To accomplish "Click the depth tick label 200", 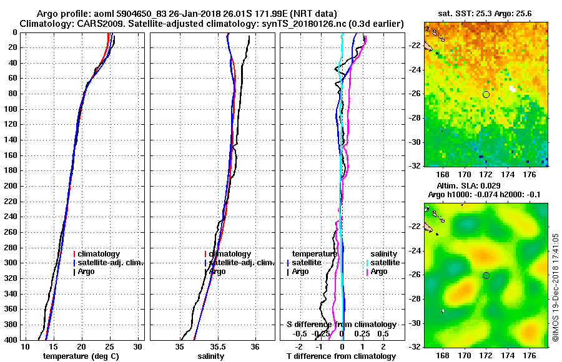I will [11, 186].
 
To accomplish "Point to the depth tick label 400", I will [11, 340].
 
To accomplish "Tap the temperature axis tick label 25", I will [110, 346].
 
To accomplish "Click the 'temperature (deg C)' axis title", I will [81, 356].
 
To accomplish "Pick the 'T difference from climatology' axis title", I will [341, 356].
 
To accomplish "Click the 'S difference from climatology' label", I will [341, 325].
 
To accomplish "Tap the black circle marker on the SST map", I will [486, 94].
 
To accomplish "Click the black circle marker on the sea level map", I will [486, 275].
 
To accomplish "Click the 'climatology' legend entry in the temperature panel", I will [99, 254].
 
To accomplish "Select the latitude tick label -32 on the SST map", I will [415, 166].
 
